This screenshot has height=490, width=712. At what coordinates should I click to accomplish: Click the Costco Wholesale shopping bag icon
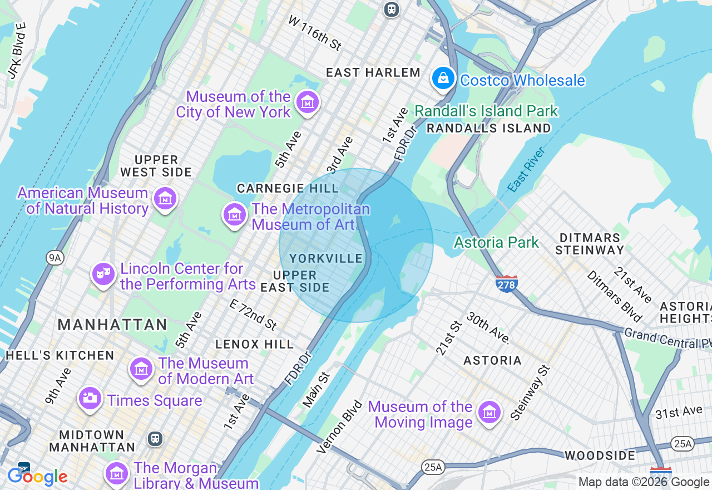point(443,79)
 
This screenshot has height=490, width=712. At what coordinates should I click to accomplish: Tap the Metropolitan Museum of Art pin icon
point(235,214)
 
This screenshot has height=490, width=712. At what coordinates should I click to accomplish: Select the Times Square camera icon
point(90,399)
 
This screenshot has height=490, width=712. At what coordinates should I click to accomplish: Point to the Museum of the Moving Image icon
point(489,413)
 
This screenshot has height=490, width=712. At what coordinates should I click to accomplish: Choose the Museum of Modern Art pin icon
point(141,369)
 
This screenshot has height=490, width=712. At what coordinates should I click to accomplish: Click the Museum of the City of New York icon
point(308,102)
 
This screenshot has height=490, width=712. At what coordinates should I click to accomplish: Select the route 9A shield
point(55,257)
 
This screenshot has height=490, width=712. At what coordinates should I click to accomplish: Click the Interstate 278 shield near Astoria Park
point(506,284)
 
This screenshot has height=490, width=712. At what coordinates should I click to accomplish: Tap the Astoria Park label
point(496,242)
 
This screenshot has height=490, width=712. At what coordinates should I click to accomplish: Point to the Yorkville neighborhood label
point(326,258)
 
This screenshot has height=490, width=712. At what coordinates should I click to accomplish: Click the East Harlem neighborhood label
point(373,72)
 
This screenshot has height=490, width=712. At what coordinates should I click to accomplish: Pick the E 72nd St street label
point(253,313)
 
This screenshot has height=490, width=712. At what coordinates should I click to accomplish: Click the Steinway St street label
point(530,393)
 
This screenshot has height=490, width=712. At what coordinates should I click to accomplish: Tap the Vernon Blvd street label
point(339,427)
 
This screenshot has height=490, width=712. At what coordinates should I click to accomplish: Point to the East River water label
point(526,170)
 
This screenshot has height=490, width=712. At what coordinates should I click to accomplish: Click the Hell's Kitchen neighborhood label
point(60,355)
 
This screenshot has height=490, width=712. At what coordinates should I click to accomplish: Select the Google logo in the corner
point(37,477)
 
